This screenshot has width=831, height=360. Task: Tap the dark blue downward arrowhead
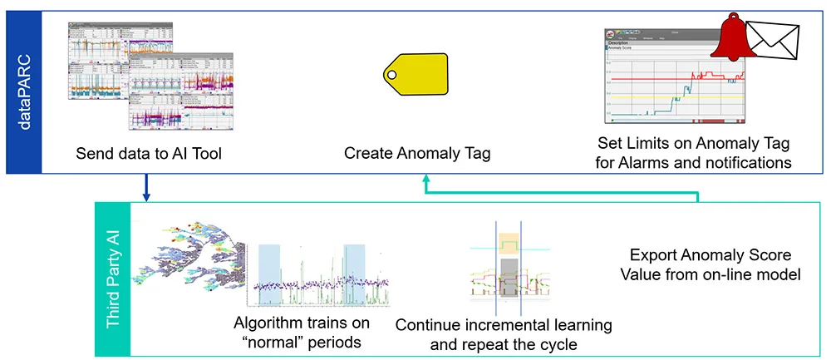pyautogui.click(x=146, y=196)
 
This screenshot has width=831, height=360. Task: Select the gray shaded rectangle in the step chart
pyautogui.click(x=508, y=274)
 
